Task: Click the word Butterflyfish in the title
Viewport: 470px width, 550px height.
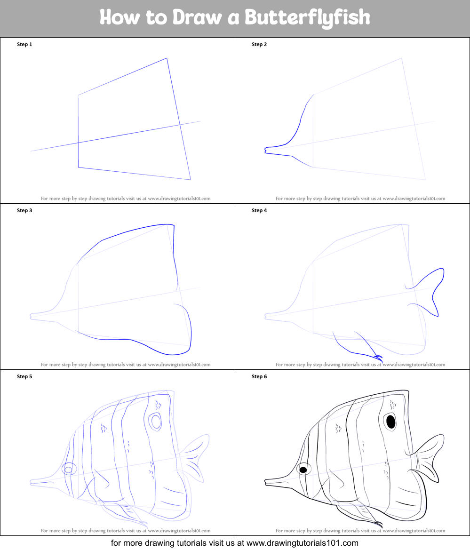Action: pyautogui.click(x=307, y=17)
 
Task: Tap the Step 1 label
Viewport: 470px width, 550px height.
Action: pyautogui.click(x=24, y=45)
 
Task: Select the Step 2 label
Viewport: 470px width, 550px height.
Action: pyautogui.click(x=259, y=45)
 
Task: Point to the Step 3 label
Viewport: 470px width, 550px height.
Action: pyautogui.click(x=24, y=210)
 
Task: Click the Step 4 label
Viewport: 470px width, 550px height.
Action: pyautogui.click(x=259, y=210)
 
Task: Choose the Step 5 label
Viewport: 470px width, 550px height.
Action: pyautogui.click(x=24, y=376)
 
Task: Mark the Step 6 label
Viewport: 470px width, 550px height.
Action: pyautogui.click(x=259, y=376)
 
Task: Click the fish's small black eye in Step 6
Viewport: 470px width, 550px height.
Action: pyautogui.click(x=303, y=470)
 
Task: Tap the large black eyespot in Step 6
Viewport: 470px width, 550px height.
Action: pyautogui.click(x=391, y=421)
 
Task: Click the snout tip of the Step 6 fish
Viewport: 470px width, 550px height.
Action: pyautogui.click(x=265, y=482)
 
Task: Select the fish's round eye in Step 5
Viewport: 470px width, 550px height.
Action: pyautogui.click(x=69, y=469)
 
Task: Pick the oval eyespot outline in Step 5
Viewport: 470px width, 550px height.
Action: pyautogui.click(x=155, y=422)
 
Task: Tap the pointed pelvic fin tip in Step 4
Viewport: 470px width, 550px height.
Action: pyautogui.click(x=381, y=360)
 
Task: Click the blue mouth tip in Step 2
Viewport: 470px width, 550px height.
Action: pyautogui.click(x=265, y=150)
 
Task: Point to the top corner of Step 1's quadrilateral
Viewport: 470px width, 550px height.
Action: pyautogui.click(x=167, y=58)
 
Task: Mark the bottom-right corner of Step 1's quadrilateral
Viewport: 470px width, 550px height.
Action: pyautogui.click(x=191, y=180)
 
